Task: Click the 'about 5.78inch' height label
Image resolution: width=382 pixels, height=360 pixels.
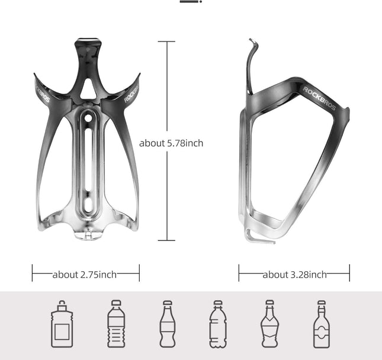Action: (x=171, y=143)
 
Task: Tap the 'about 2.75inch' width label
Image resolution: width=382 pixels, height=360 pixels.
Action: (x=85, y=274)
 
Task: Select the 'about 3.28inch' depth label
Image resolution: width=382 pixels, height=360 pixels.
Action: (x=294, y=274)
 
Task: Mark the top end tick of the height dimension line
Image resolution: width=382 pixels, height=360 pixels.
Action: (x=166, y=42)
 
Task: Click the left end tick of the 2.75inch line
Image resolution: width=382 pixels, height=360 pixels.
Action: (x=33, y=274)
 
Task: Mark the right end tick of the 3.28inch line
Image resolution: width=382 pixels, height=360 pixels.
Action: (x=349, y=274)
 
